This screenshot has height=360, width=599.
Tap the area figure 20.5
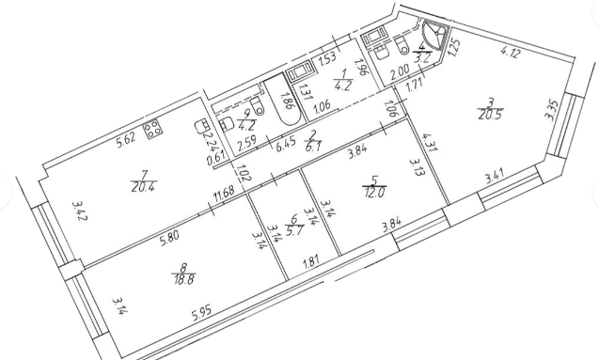[x=489, y=115]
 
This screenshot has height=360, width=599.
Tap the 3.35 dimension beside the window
[x=554, y=110]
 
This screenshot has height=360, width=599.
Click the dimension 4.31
[x=429, y=142]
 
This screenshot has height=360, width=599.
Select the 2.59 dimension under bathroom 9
[x=244, y=147]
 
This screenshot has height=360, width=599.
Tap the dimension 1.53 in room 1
[x=327, y=59]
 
